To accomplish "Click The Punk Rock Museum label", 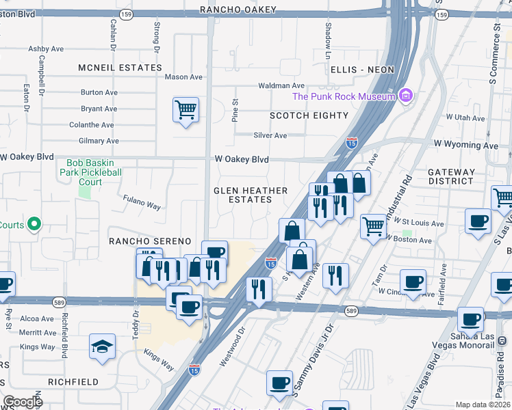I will pyautogui.click(x=344, y=96).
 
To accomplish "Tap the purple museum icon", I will pyautogui.click(x=406, y=96).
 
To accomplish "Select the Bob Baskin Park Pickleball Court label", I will pyautogui.click(x=94, y=173).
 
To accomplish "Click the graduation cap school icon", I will pyautogui.click(x=102, y=346).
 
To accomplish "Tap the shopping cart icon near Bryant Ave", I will pyautogui.click(x=185, y=110).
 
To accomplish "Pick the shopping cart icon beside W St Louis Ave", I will pyautogui.click(x=373, y=225).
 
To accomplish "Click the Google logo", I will pyautogui.click(x=23, y=402).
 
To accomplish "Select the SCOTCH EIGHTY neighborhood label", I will pyautogui.click(x=309, y=115).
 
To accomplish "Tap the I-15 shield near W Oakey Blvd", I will pyautogui.click(x=351, y=143).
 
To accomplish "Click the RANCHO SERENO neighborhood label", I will pyautogui.click(x=150, y=241).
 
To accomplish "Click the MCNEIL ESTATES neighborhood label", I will pyautogui.click(x=120, y=68).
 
